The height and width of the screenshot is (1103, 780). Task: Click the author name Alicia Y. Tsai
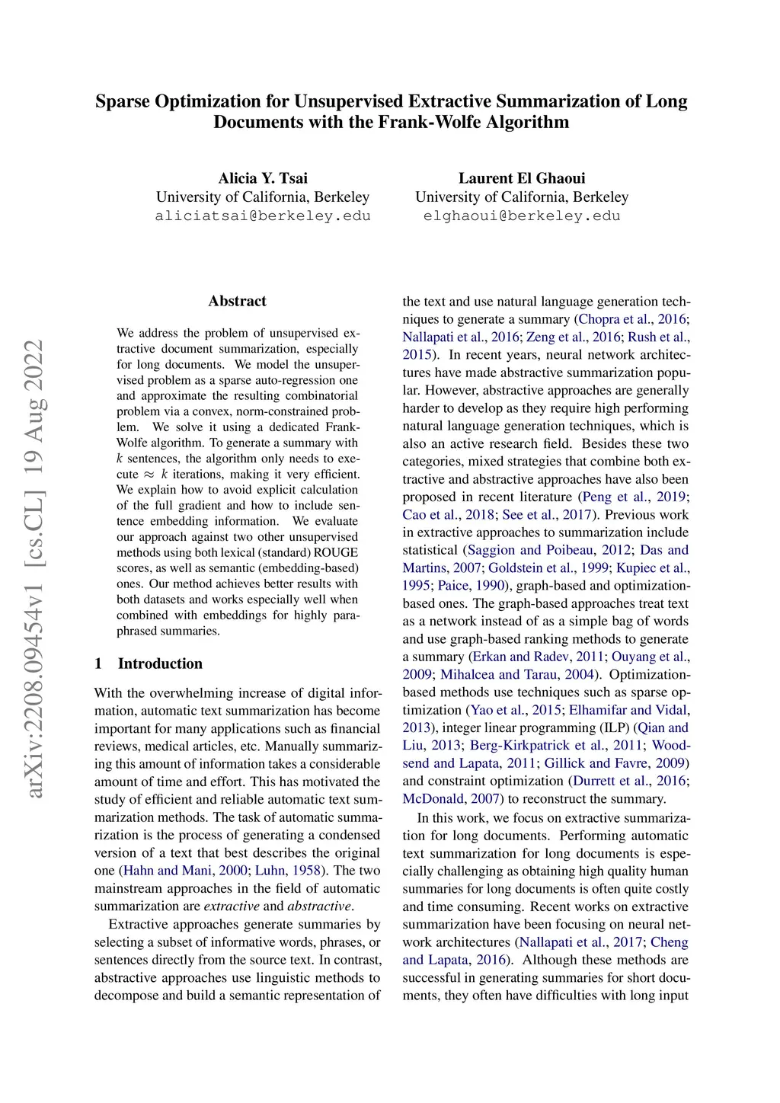263,178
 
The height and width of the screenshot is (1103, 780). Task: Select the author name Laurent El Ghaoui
522,178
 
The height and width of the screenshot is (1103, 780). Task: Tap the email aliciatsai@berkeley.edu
263,216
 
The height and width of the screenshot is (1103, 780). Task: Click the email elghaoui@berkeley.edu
522,216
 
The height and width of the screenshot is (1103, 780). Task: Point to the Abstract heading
237,301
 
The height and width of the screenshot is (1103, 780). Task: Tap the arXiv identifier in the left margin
34,568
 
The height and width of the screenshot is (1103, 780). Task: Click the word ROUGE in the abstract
335,552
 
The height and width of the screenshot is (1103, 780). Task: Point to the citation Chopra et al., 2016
632,319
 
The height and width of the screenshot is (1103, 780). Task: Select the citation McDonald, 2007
452,799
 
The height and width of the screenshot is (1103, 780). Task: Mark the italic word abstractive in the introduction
319,906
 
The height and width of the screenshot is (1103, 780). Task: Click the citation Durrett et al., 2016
629,782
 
